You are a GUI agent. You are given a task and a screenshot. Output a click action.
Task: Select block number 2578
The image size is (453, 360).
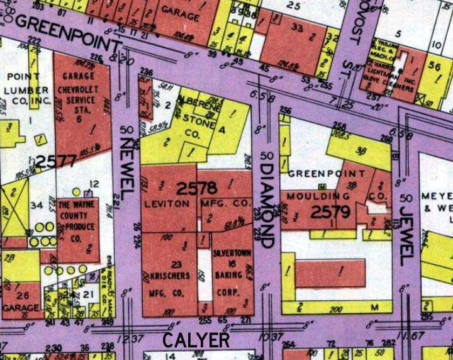tap(197, 188)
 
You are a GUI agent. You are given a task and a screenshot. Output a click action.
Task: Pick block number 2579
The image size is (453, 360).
tap(334, 211)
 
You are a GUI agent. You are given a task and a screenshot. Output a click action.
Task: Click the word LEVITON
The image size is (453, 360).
tap(166, 204)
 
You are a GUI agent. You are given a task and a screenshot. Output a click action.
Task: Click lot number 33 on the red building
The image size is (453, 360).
tap(296, 28)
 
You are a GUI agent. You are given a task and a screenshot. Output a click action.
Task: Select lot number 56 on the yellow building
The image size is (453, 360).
tap(434, 65)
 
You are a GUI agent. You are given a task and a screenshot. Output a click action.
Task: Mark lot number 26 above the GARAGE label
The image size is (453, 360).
tap(23, 296)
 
